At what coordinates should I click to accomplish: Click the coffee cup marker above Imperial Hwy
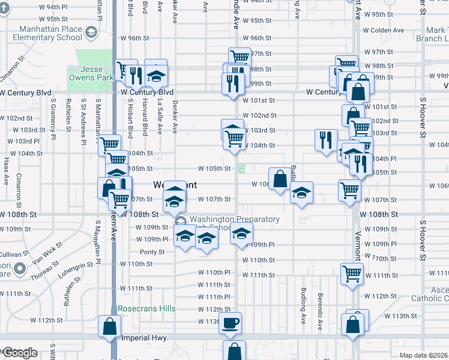coord(231,323)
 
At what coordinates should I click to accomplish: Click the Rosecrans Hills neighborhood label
coord(146,308)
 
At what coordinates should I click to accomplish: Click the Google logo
coord(20,353)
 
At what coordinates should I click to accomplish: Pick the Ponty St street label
coord(152,252)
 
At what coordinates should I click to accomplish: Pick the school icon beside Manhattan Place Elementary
coord(91,32)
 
